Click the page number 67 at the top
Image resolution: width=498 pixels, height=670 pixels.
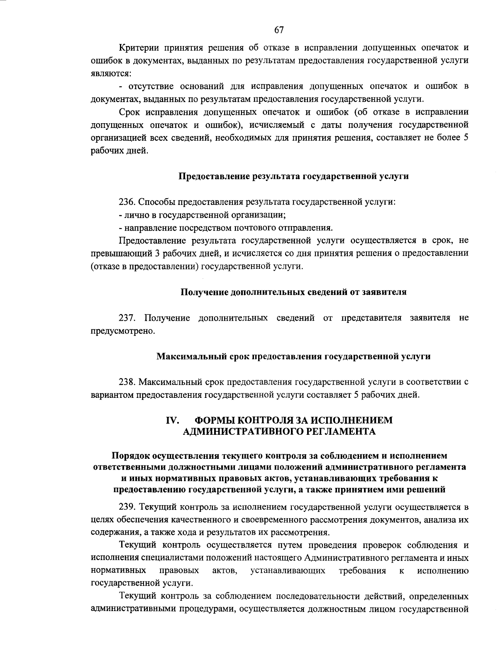pos(279,29)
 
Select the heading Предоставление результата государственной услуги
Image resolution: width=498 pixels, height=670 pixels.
pos(293,176)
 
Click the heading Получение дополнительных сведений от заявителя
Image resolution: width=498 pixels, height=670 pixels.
pos(293,292)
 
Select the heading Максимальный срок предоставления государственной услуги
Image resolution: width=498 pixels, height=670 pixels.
pos(293,356)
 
